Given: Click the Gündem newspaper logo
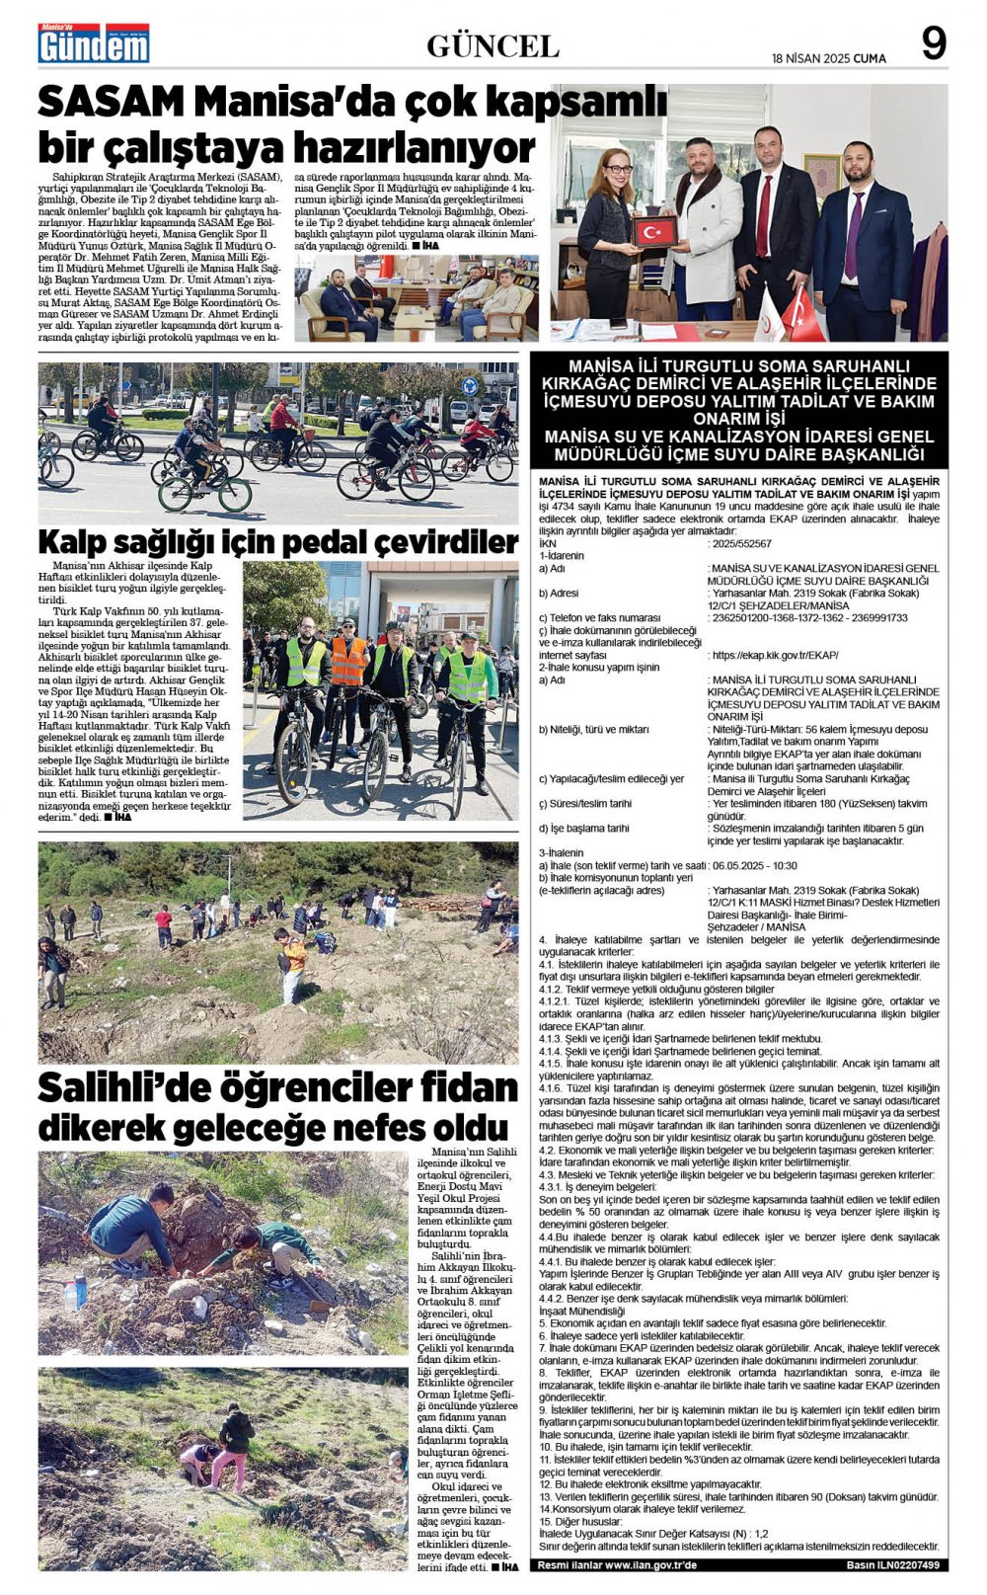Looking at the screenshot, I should (x=93, y=43).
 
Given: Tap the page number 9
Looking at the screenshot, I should (x=933, y=43).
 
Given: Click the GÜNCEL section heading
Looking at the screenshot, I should (x=493, y=45).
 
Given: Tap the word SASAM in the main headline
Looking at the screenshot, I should (x=111, y=103).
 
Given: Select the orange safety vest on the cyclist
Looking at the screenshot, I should (x=347, y=660).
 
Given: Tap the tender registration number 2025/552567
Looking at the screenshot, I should (x=739, y=544).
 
